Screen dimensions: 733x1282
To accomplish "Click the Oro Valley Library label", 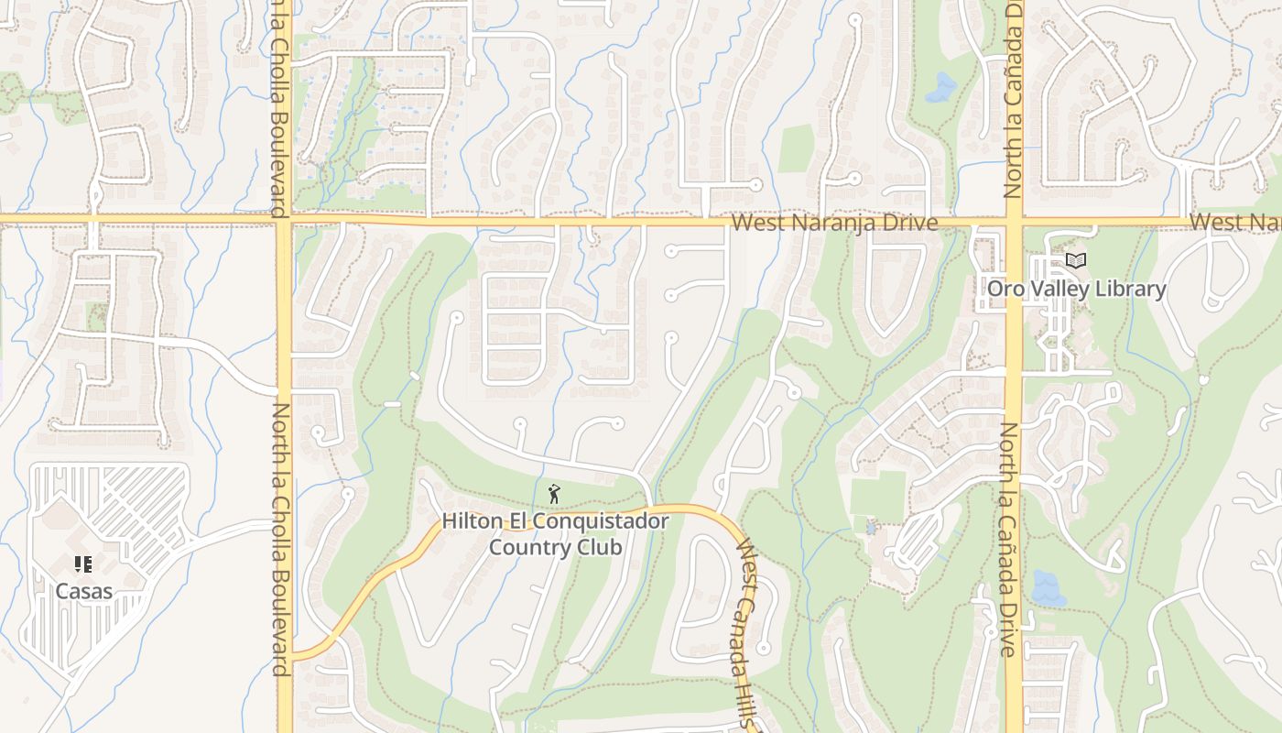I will point(1076,290).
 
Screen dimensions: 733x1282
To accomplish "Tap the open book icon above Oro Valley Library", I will point(1076,262).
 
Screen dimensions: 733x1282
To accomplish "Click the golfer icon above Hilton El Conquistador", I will point(554,495).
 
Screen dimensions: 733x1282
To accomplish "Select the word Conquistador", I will point(602,521).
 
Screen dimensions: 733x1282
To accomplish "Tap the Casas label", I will point(83,591).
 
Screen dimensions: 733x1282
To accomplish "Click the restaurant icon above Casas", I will point(83,564).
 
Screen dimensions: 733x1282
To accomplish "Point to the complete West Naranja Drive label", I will point(834,224).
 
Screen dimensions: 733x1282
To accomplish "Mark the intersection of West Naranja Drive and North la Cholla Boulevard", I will point(284,219).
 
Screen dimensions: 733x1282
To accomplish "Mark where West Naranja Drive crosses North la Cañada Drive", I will point(1014,221).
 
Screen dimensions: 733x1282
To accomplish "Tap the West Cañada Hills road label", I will point(746,632).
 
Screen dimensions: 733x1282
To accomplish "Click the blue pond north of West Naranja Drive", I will point(941,87).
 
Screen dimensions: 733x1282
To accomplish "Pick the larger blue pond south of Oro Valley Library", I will point(1048,587).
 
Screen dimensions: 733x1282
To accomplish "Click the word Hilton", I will point(471,521).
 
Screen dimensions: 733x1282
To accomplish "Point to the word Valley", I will point(1058,290).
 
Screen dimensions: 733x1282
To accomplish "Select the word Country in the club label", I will point(527,548).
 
